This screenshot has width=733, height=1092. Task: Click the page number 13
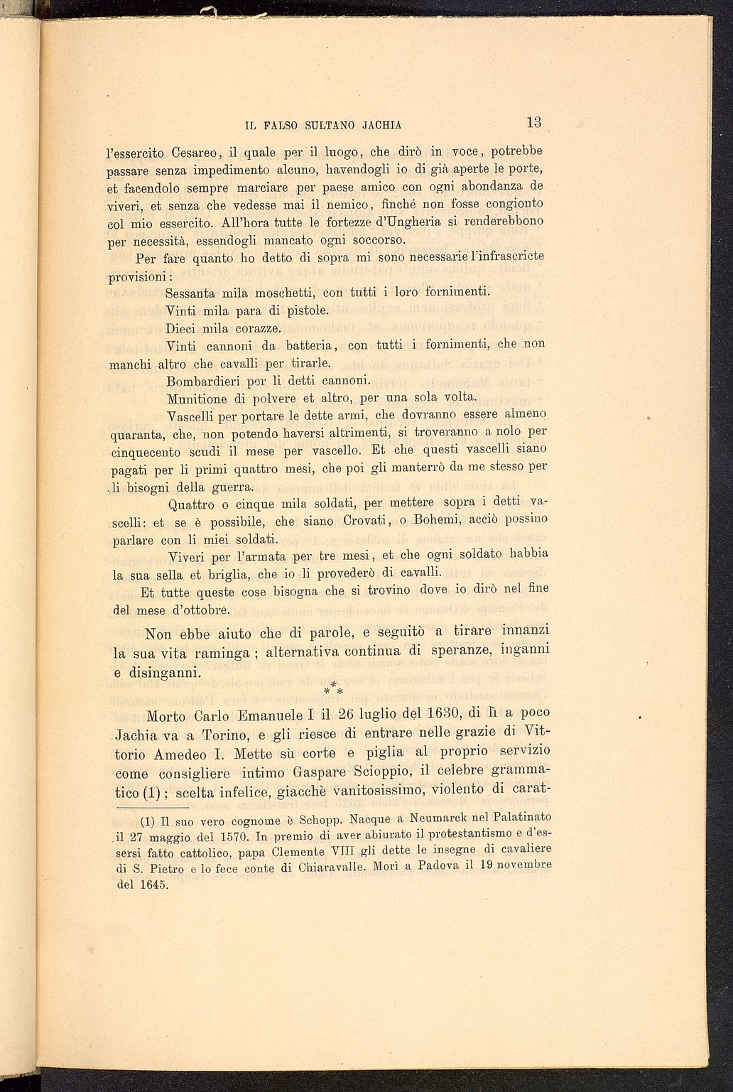point(534,121)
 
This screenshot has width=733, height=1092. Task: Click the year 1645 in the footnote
point(153,885)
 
